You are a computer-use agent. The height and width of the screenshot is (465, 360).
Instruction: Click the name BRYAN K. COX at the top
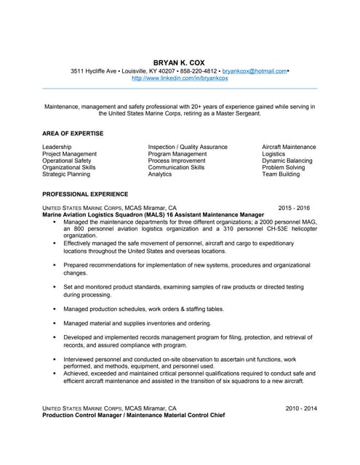(180, 61)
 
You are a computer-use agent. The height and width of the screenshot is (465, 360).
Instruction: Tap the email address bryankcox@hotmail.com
(255, 70)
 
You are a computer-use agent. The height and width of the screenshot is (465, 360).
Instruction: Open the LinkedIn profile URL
(180, 78)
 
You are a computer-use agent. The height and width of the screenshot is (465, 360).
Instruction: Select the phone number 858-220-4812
(199, 70)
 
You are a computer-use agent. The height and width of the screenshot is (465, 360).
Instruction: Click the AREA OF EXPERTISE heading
(73, 133)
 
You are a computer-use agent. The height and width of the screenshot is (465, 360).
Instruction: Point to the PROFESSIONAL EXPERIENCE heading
(85, 194)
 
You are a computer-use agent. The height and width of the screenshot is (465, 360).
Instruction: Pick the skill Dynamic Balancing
(287, 161)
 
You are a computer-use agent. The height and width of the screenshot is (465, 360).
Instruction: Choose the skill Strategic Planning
(66, 174)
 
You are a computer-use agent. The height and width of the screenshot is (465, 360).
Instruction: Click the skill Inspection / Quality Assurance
(188, 147)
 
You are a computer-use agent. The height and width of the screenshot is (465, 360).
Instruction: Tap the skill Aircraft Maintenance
(289, 147)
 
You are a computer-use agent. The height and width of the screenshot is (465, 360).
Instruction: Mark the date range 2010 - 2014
(301, 408)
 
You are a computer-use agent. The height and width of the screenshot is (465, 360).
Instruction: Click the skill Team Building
(281, 174)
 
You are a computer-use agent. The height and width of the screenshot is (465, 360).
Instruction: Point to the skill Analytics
(160, 174)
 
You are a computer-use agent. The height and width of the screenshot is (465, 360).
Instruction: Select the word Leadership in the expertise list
(57, 147)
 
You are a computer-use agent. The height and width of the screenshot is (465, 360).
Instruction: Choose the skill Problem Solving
(284, 167)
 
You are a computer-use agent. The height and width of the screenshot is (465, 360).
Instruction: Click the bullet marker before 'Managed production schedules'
(54, 309)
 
